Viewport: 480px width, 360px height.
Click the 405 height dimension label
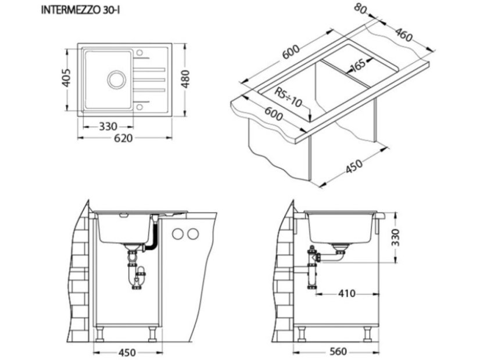66,78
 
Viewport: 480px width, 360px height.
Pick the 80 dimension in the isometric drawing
362,10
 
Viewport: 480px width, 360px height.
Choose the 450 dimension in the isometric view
354,167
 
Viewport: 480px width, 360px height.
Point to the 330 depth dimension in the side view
396,237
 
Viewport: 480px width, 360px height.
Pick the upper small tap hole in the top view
140,53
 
